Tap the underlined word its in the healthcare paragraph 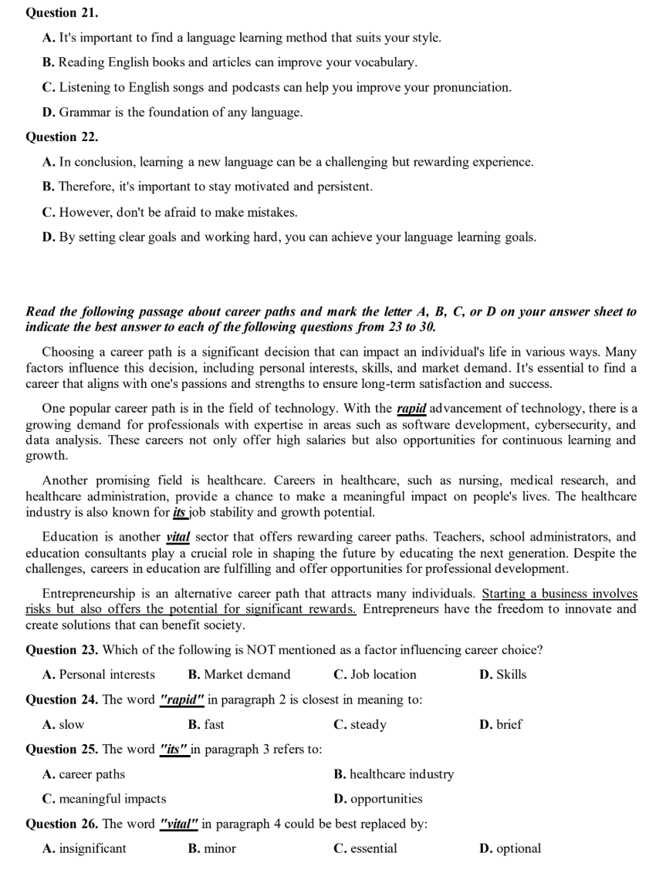(x=182, y=511)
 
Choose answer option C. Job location (x=375, y=675)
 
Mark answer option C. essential (x=365, y=849)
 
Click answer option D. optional (x=510, y=849)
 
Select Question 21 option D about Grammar (x=172, y=113)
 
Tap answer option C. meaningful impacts (x=104, y=799)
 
